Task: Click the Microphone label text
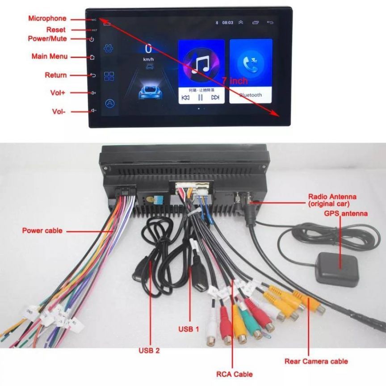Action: [x=47, y=19]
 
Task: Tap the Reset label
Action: [x=56, y=30]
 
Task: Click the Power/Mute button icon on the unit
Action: [x=92, y=39]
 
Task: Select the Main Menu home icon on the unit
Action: [x=92, y=57]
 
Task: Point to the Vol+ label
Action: [x=58, y=93]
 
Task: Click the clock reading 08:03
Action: [x=228, y=22]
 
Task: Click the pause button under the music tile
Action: [x=201, y=97]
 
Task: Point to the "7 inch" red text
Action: [x=235, y=81]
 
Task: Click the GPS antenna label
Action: [x=346, y=214]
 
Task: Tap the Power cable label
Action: [x=42, y=231]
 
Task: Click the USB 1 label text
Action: [x=189, y=329]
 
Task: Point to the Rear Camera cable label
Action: [x=316, y=361]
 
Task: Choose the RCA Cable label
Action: [x=235, y=374]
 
